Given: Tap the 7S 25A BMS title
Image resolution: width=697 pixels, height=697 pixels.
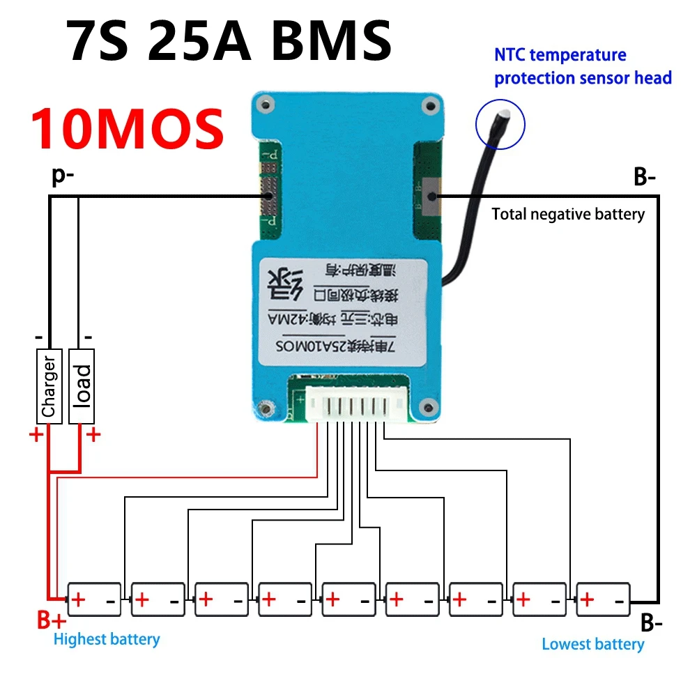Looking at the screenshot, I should (x=230, y=40).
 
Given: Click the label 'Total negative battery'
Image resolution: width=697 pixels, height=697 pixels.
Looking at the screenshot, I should (x=568, y=214).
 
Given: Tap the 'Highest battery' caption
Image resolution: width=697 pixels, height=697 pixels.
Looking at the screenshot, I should (x=107, y=638).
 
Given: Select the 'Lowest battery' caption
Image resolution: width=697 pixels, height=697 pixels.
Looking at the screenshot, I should (x=593, y=644).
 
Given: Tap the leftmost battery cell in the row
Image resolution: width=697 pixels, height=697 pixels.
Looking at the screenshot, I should (x=93, y=599).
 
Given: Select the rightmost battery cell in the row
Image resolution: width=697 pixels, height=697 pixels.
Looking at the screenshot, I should (x=604, y=599).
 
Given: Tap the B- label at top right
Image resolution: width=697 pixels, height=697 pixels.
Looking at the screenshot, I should (x=645, y=178).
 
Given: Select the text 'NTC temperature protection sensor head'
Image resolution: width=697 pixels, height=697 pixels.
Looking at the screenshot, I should (x=583, y=66).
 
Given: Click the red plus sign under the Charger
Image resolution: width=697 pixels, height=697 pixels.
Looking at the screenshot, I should (x=34, y=436).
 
